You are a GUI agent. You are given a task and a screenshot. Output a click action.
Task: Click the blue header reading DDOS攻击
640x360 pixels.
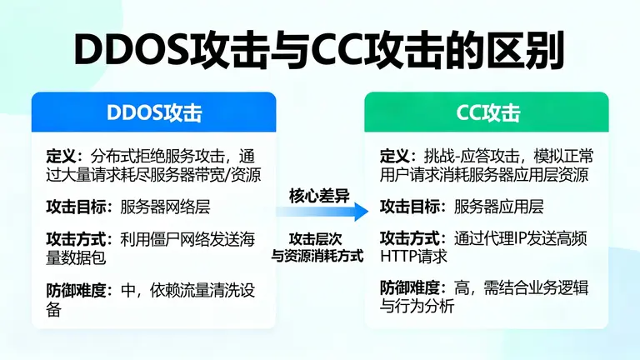[x=155, y=112]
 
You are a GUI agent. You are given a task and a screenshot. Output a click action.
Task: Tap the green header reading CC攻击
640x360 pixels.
[x=487, y=112]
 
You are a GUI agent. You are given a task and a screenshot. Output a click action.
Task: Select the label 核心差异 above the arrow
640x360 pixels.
[x=319, y=195]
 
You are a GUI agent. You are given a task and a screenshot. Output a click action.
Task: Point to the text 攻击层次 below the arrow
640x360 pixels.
[x=319, y=238]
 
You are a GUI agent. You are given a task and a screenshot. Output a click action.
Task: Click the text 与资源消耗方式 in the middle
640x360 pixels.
[x=319, y=256]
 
